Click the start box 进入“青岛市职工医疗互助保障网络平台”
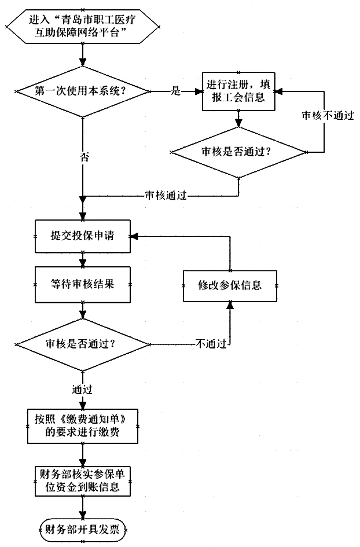pos(85,25)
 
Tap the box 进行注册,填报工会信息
pos(237,91)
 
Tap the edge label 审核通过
pos(166,196)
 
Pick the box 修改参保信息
pos(230,285)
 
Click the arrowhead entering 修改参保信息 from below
pos(230,306)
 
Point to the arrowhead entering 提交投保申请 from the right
pos(133,236)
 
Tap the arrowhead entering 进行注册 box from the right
pos(278,91)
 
